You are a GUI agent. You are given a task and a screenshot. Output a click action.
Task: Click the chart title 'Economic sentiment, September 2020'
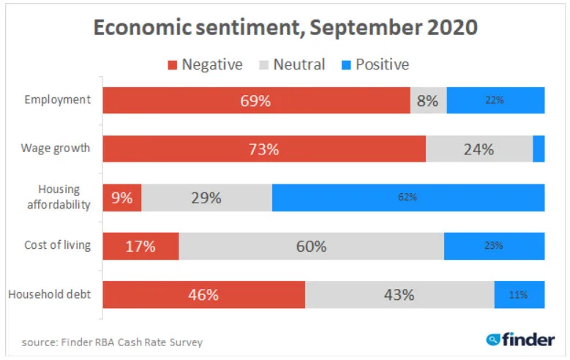tap(285, 29)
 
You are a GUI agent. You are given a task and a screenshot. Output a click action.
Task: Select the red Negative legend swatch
tap(173, 65)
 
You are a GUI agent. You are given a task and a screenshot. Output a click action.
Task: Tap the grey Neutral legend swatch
tap(264, 65)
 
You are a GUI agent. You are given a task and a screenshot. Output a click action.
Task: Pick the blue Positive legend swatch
tap(346, 65)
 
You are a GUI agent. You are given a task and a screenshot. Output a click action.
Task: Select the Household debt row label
tap(50, 295)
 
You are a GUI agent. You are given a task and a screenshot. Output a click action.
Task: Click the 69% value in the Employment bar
tap(255, 101)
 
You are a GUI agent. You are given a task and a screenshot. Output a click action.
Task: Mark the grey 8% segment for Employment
tap(428, 101)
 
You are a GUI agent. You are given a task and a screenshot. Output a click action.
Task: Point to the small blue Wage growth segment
tap(539, 149)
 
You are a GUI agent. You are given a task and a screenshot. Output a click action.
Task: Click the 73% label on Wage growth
tap(263, 149)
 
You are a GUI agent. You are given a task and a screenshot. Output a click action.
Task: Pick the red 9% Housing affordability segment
tap(121, 198)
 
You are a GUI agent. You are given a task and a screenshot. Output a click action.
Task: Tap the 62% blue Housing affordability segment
tap(408, 198)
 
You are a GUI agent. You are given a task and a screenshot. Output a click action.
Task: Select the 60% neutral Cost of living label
tap(311, 247)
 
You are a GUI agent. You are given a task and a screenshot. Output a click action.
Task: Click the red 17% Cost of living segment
tap(140, 247)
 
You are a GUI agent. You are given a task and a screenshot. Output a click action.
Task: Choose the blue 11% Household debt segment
tap(519, 295)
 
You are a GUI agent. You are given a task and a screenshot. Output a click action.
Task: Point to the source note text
tap(112, 342)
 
